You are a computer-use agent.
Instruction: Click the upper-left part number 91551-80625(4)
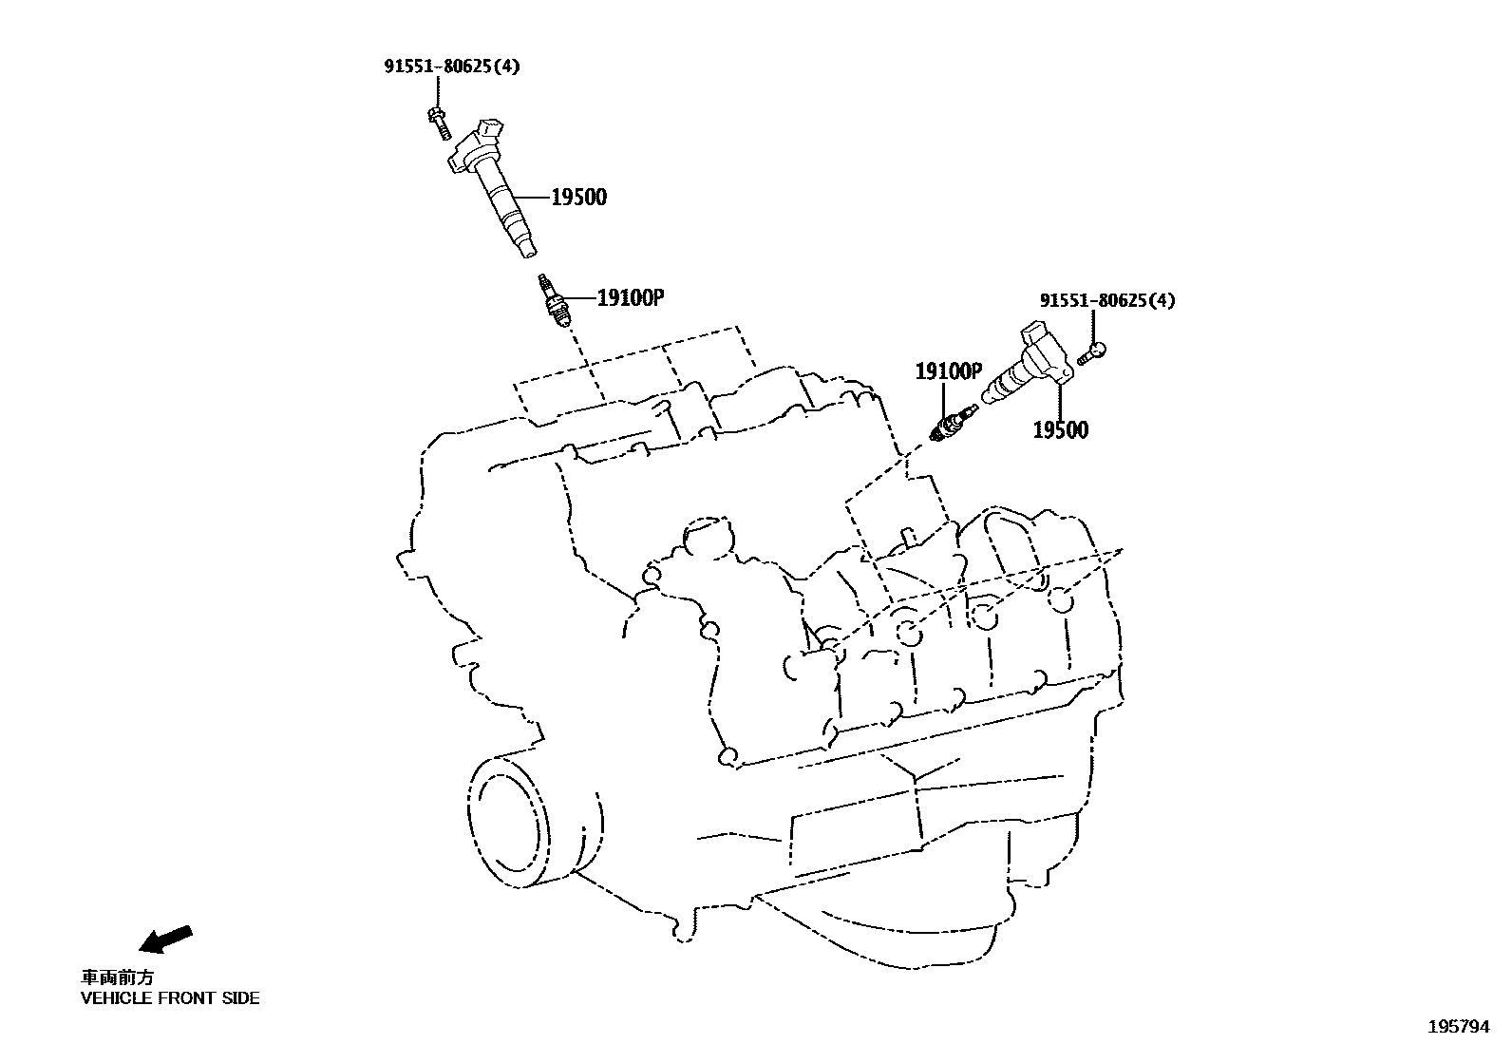pos(451,66)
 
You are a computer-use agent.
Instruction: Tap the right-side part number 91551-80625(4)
pos(1106,300)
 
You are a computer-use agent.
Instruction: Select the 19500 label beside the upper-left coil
pos(578,198)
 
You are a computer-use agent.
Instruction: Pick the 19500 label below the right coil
pos(1060,430)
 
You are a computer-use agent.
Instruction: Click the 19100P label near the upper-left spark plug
pos(629,297)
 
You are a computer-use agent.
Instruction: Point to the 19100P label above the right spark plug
pos(948,371)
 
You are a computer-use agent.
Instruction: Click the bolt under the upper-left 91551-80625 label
pos(439,122)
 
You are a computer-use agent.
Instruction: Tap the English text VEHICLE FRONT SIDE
pos(170,998)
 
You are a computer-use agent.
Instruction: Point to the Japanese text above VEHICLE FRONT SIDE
pos(116,977)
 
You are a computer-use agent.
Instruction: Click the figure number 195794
pos(1460,1027)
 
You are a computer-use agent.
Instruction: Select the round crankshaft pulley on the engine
pos(510,819)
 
